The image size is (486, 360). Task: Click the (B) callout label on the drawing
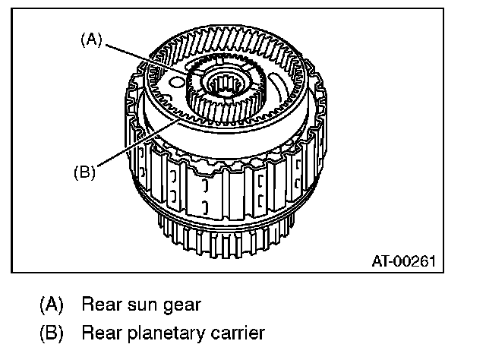pos(84,172)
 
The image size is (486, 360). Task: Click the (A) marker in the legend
pos(52,305)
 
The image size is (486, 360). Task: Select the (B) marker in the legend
pos(52,333)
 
